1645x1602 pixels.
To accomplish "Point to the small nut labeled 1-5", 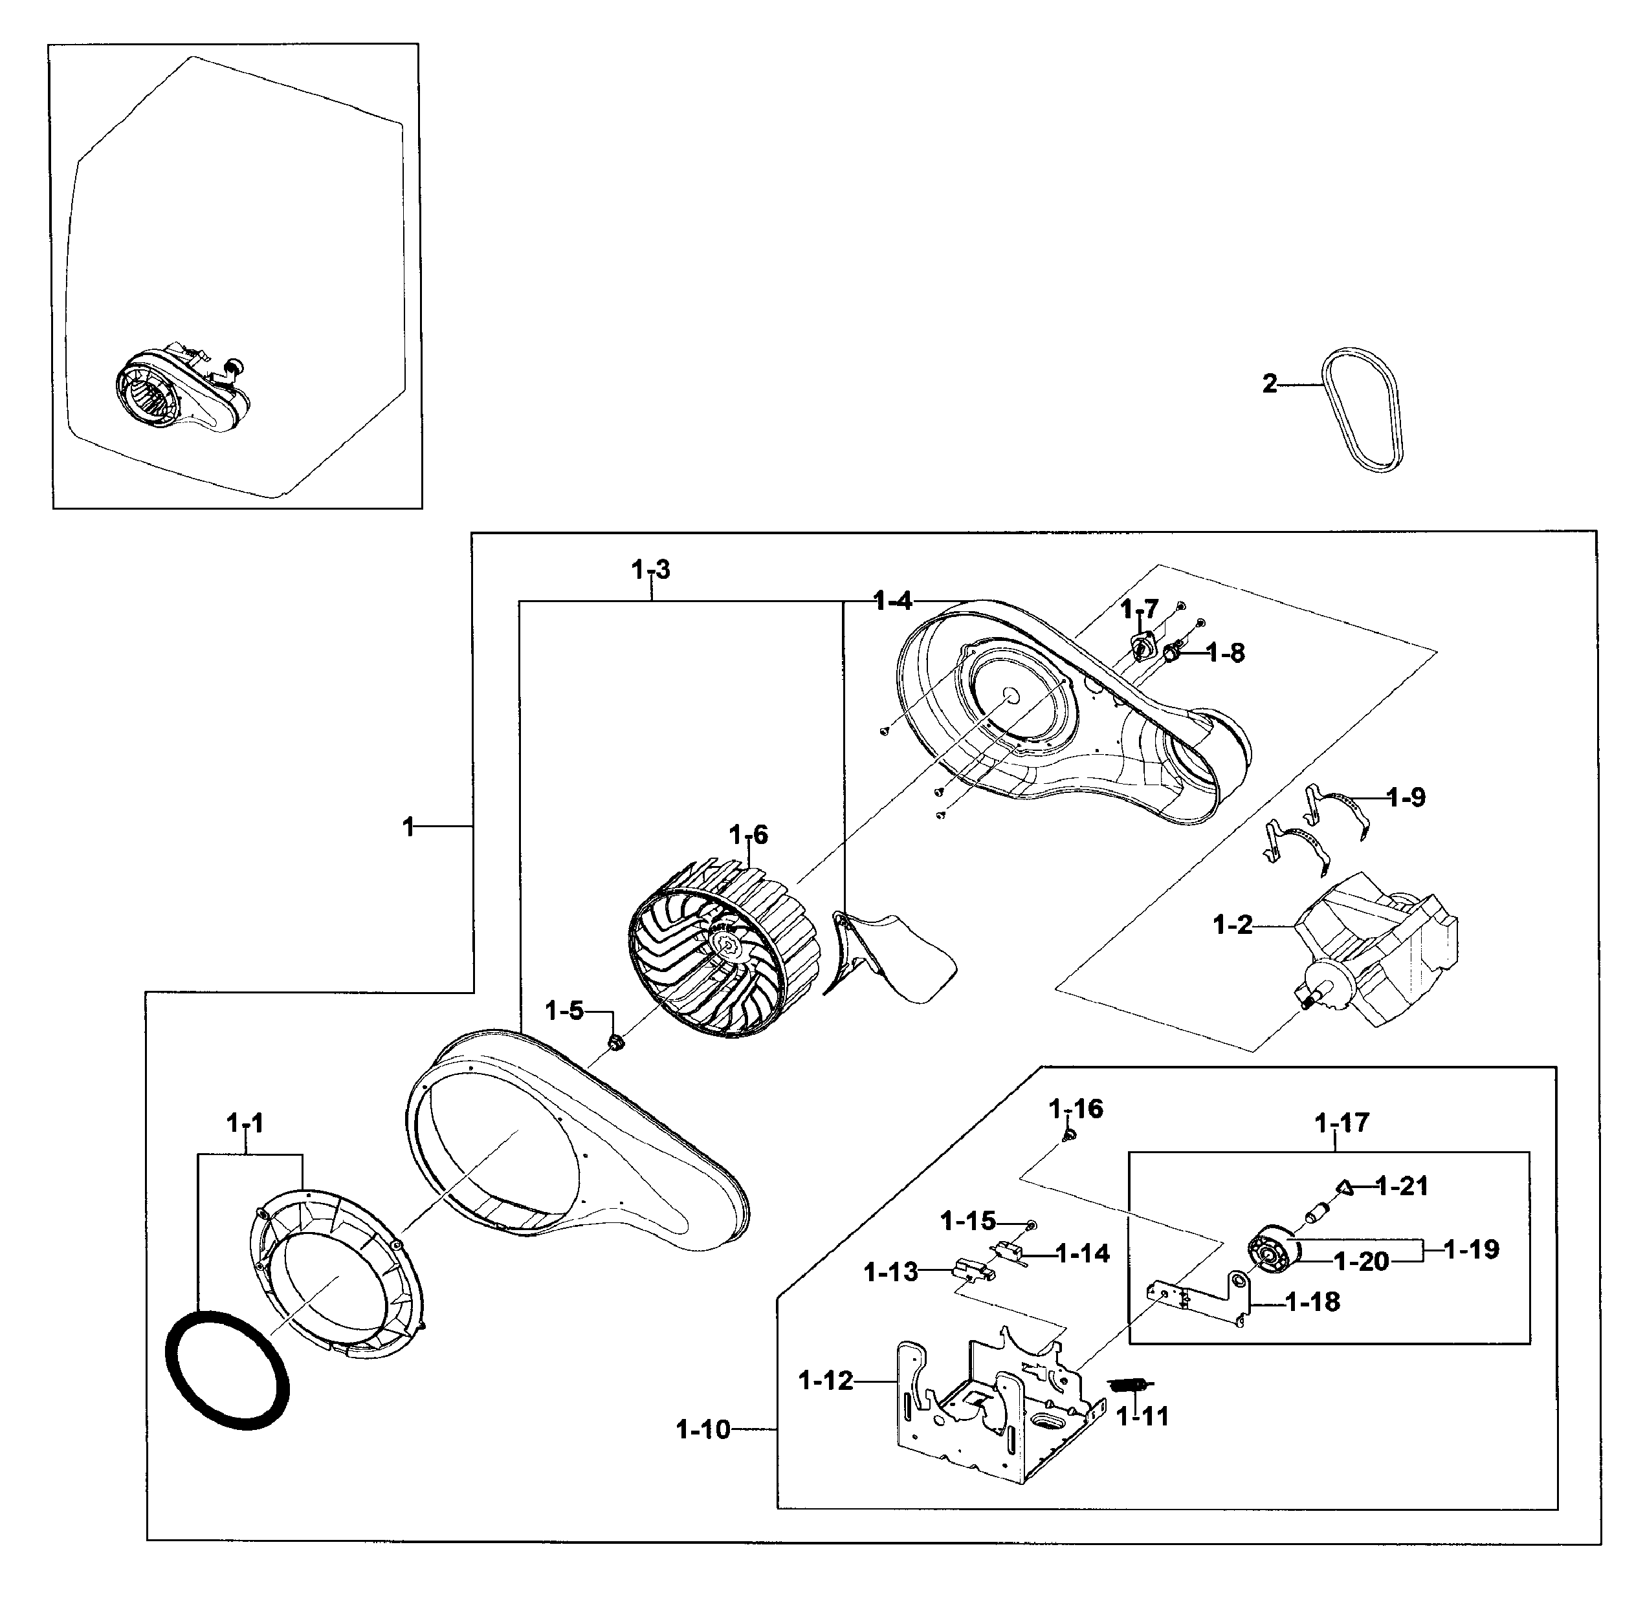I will (x=615, y=1043).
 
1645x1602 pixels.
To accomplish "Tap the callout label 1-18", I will (x=1312, y=1303).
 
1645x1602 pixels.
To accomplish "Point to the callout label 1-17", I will (x=1342, y=1122).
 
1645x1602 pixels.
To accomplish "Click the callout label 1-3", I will (x=651, y=570).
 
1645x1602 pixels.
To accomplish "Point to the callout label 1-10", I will (x=704, y=1429).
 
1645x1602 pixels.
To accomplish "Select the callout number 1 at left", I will (x=409, y=827).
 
